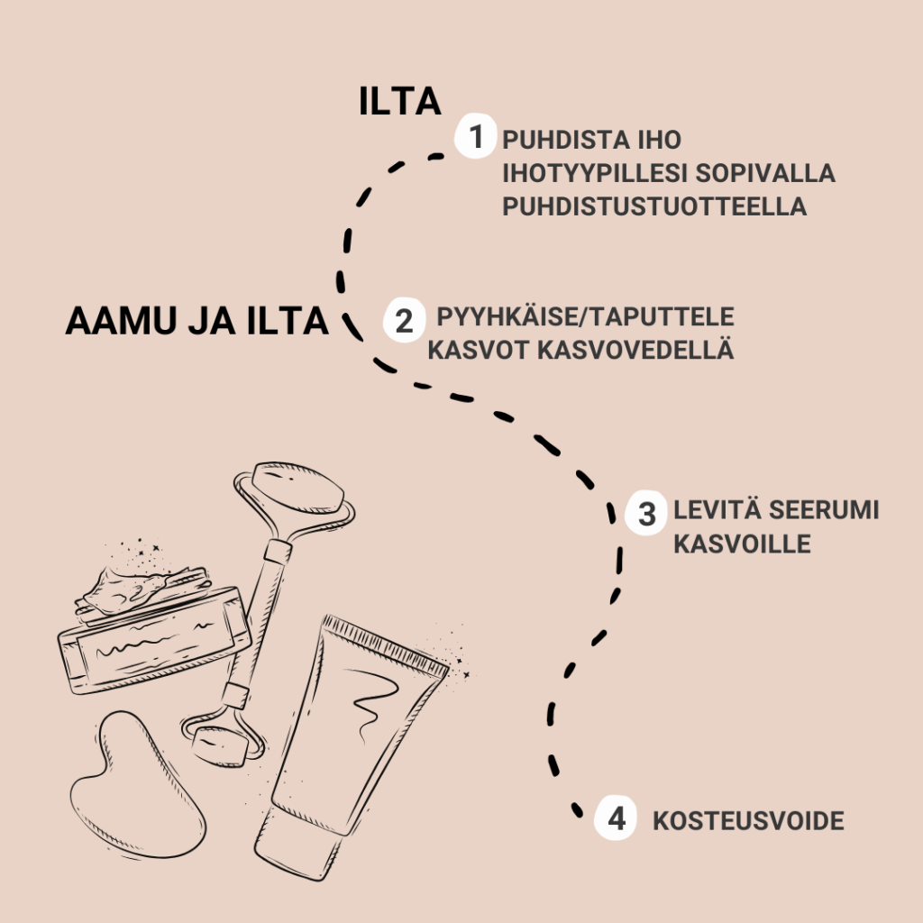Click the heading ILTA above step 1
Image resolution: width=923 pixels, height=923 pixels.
coord(399,102)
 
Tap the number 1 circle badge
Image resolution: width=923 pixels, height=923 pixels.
coord(475,137)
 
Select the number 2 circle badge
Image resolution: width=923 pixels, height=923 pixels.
coord(405,320)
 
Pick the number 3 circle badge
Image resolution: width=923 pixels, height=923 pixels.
coord(646,513)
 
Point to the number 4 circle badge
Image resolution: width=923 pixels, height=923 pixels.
coord(616,818)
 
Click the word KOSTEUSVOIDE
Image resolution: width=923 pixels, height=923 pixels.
coord(748,821)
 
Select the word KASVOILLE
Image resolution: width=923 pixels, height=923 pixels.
coord(742,544)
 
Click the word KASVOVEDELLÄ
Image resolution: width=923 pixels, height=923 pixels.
coord(635,350)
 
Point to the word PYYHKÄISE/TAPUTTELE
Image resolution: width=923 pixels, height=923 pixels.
coord(585,316)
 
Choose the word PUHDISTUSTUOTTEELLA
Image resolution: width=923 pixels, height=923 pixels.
coord(654,206)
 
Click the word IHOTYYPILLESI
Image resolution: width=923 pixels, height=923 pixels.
coord(595,173)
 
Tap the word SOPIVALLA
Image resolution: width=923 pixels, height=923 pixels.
coord(765,173)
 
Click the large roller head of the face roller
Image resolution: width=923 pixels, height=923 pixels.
coord(297,489)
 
